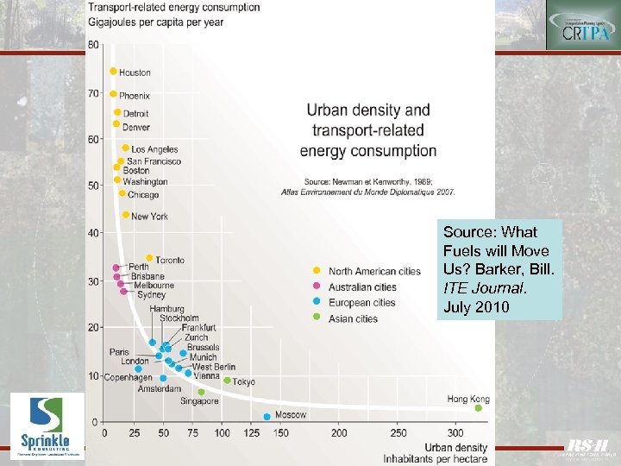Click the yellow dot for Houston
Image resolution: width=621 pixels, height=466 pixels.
pyautogui.click(x=113, y=72)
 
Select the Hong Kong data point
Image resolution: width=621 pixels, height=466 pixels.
pyautogui.click(x=479, y=407)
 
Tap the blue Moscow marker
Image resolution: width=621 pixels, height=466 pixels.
pyautogui.click(x=267, y=416)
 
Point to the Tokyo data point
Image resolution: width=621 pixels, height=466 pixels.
pyautogui.click(x=227, y=381)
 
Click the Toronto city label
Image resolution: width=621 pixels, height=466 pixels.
pyautogui.click(x=170, y=260)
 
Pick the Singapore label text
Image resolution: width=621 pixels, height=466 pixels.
pyautogui.click(x=199, y=400)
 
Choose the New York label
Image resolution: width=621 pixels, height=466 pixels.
pyautogui.click(x=149, y=216)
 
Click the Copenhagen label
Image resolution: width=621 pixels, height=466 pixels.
pyautogui.click(x=128, y=377)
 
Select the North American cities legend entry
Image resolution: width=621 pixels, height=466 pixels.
pyautogui.click(x=374, y=271)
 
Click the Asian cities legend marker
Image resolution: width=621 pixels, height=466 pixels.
pyautogui.click(x=317, y=318)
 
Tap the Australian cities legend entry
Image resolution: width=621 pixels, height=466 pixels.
pyautogui.click(x=362, y=287)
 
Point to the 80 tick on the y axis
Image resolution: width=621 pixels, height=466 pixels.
pyautogui.click(x=92, y=45)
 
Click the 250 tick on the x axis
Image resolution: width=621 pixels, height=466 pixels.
pyautogui.click(x=398, y=431)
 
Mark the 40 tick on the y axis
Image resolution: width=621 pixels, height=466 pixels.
pyautogui.click(x=92, y=232)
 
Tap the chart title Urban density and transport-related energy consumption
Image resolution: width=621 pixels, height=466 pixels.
pyautogui.click(x=368, y=130)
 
